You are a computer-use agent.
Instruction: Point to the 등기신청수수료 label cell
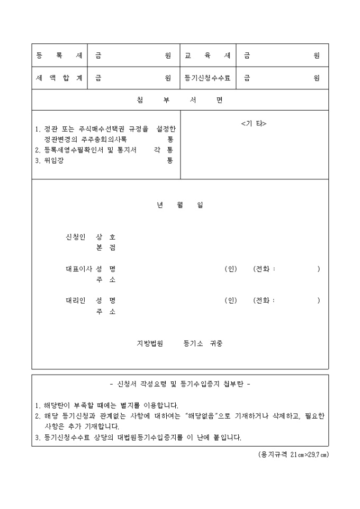click(208, 78)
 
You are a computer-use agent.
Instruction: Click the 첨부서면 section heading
click(179, 100)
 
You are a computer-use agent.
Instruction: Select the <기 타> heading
click(254, 123)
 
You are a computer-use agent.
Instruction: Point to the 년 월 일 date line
click(179, 205)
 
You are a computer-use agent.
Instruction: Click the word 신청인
click(75, 237)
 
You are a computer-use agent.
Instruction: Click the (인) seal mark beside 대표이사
click(231, 269)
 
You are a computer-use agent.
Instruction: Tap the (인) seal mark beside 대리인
click(231, 301)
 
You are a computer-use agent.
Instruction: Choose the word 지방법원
click(150, 343)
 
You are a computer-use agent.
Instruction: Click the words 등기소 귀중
click(203, 343)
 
